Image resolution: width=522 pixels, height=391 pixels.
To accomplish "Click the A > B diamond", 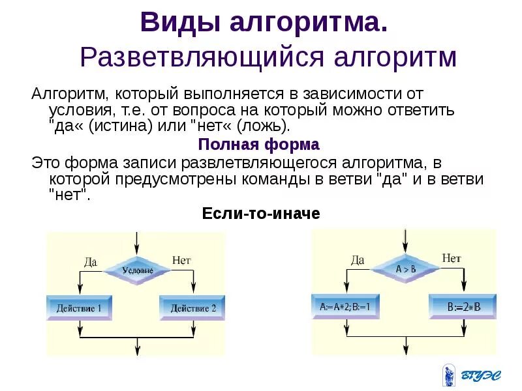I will (x=405, y=268).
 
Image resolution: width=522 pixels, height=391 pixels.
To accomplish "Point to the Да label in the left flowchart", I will (x=91, y=261).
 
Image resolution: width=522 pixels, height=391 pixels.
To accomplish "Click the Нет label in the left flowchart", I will (x=181, y=260).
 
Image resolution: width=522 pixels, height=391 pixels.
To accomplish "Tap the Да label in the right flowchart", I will (x=358, y=259).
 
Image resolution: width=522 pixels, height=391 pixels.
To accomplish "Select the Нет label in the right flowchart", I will (x=451, y=258).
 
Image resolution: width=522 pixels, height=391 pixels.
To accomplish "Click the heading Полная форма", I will (x=258, y=144).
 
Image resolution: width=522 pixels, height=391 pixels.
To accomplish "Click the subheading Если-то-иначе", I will (x=261, y=213).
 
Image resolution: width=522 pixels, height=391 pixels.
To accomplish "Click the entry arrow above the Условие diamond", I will (x=136, y=243).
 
